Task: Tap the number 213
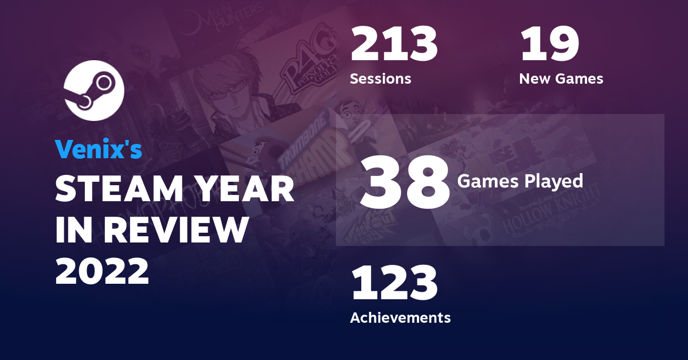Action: pos(394,46)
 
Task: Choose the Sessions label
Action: pos(381,79)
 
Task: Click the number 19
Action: pos(549,46)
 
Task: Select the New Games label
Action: pos(561,79)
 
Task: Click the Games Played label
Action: pos(520,182)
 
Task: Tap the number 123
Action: pos(394,285)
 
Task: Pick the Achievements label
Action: pos(400,317)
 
